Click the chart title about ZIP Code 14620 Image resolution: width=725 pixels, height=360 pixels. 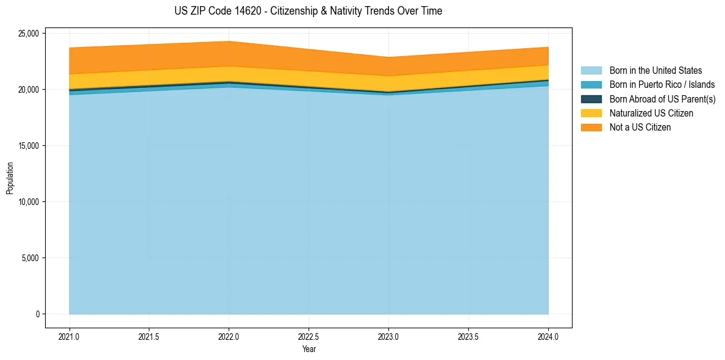pyautogui.click(x=308, y=11)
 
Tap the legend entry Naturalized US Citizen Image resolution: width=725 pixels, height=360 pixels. pyautogui.click(x=651, y=113)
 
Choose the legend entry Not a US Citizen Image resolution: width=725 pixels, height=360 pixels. pyautogui.click(x=640, y=128)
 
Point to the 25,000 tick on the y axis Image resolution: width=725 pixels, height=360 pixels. pyautogui.click(x=28, y=33)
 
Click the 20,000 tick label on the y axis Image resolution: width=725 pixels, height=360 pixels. pyautogui.click(x=28, y=90)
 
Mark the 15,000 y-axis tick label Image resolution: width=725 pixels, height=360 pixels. pyautogui.click(x=28, y=146)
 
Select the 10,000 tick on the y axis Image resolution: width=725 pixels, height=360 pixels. pyautogui.click(x=28, y=202)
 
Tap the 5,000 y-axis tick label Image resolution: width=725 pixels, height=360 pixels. pyautogui.click(x=30, y=258)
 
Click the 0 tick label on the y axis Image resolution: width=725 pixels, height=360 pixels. pyautogui.click(x=37, y=314)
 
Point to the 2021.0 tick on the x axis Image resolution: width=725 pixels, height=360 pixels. pyautogui.click(x=70, y=336)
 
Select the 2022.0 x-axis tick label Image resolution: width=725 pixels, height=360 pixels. pyautogui.click(x=229, y=336)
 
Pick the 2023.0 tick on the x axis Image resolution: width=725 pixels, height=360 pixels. pyautogui.click(x=388, y=336)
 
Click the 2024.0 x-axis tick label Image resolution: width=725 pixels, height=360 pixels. pyautogui.click(x=548, y=336)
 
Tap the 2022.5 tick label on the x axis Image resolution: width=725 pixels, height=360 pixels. pyautogui.click(x=309, y=336)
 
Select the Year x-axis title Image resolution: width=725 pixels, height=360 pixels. pyautogui.click(x=309, y=349)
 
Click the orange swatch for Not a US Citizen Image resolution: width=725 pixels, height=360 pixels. pyautogui.click(x=591, y=128)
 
